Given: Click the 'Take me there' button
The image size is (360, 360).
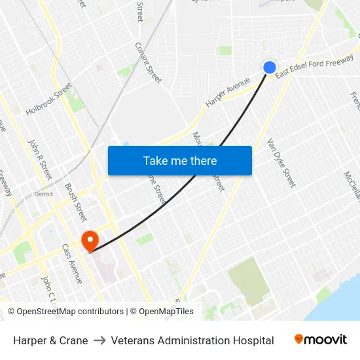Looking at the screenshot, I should tap(180, 160).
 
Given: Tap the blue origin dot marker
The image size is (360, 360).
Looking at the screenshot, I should tap(270, 67).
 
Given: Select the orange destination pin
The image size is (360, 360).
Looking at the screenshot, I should tap(88, 240).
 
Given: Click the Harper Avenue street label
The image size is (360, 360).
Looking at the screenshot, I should tap(228, 92).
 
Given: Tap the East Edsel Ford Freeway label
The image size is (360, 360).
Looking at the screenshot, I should tap(314, 67).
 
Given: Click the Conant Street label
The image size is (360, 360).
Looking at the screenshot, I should tap(148, 62).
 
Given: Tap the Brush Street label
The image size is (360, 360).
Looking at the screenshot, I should tap(75, 202).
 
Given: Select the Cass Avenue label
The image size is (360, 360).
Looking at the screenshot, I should tap(72, 264).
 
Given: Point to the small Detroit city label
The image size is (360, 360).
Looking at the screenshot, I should tap(43, 194).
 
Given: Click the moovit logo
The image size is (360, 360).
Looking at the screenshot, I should tap(321, 340).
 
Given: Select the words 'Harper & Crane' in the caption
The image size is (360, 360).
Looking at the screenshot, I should tap(50, 340).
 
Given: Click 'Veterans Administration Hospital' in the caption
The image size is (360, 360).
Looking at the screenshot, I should tap(192, 340).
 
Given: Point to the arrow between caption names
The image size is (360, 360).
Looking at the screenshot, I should tap(99, 340).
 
